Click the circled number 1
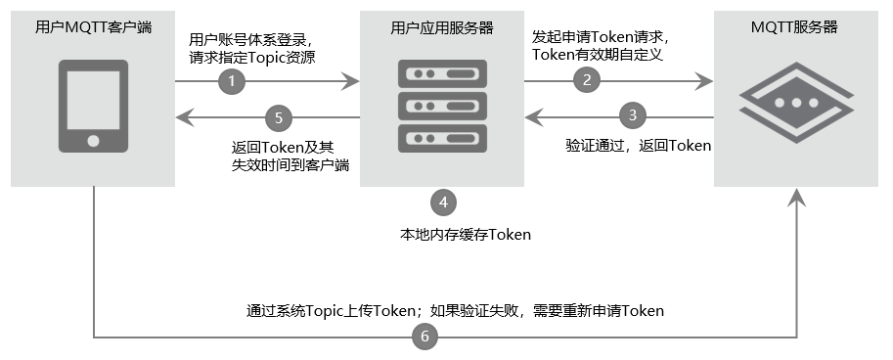(x=232, y=82)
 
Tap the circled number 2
(x=587, y=81)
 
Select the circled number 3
(x=633, y=114)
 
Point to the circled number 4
(x=443, y=202)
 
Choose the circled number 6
(x=424, y=337)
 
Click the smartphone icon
(x=93, y=106)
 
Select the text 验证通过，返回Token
(x=638, y=145)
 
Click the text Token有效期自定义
(x=598, y=55)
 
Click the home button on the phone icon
(x=93, y=140)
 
